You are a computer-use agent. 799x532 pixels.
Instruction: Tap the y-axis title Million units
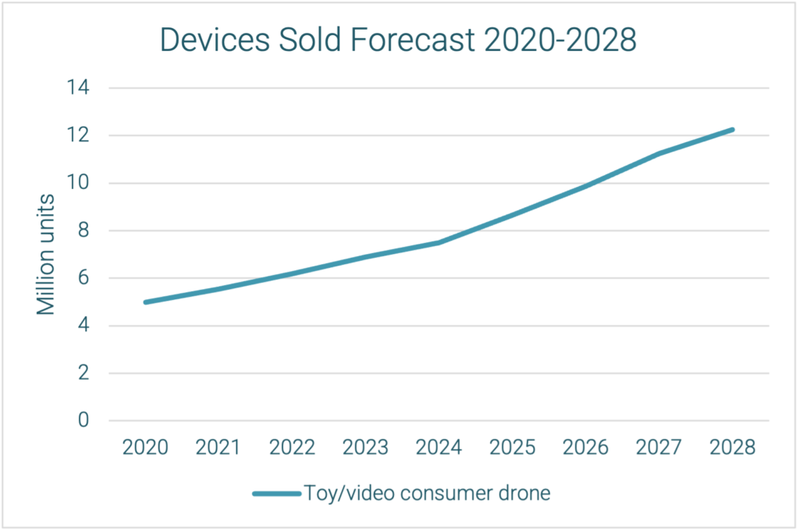click(x=47, y=254)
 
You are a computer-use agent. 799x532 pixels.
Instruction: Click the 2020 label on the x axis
click(x=145, y=448)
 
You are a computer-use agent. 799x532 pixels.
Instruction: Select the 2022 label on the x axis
click(x=292, y=448)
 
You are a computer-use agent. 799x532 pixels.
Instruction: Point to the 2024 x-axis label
click(x=439, y=448)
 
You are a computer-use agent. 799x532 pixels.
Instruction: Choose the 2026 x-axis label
click(x=585, y=448)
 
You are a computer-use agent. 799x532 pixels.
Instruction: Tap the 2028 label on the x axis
click(x=732, y=448)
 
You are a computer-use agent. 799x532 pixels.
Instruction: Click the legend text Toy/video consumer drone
click(x=427, y=494)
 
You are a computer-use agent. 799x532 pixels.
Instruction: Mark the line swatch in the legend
click(x=276, y=494)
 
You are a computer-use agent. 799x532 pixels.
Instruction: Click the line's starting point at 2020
click(x=146, y=302)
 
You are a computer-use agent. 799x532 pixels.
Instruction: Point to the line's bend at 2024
click(x=439, y=242)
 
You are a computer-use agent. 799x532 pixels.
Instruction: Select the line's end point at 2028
click(x=732, y=130)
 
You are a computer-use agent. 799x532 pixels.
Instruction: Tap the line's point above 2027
click(x=659, y=154)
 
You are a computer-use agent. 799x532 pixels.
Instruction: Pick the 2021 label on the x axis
click(x=218, y=448)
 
